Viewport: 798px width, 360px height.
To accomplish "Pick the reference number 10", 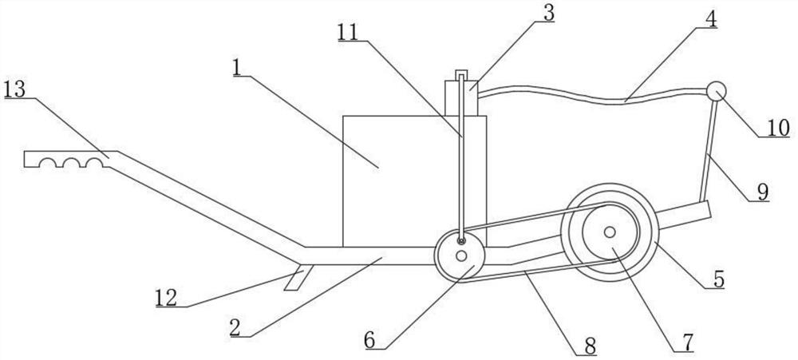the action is pos(778,128).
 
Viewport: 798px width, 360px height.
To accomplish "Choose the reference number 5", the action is pos(718,279).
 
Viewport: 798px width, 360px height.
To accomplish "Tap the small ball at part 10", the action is pos(715,91).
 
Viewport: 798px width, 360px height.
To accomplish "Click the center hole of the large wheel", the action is pos(609,232).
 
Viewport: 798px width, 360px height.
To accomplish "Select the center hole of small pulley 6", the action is pos(462,257).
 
